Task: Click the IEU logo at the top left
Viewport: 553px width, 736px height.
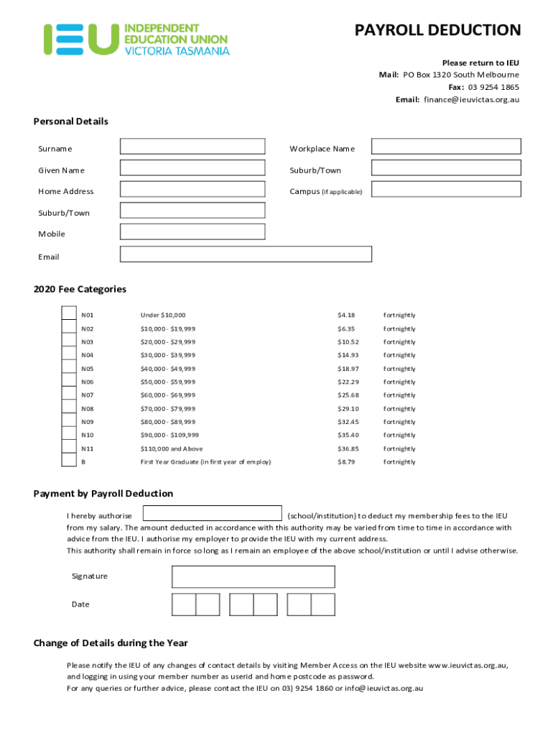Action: coord(136,39)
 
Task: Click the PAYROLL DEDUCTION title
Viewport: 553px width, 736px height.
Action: coord(437,30)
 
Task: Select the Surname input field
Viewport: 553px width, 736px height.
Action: coord(192,147)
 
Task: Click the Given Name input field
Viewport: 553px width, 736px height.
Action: coord(192,168)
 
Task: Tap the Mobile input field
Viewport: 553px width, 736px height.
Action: coord(192,231)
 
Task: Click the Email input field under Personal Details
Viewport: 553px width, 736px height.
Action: coord(246,254)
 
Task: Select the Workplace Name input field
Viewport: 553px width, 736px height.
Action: coord(446,147)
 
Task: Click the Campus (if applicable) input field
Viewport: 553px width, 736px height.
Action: coord(446,189)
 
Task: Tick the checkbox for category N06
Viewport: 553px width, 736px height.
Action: coord(69,380)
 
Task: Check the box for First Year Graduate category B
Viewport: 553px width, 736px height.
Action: coord(69,460)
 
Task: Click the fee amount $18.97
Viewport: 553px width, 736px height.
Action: coord(348,369)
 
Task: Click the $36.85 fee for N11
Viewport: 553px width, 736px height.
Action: coord(348,448)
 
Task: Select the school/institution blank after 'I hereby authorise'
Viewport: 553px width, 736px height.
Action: coord(213,513)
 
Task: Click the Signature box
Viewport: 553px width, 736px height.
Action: coord(253,576)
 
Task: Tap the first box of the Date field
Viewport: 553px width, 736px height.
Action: coord(184,604)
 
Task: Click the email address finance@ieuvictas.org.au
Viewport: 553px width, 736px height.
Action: coord(471,100)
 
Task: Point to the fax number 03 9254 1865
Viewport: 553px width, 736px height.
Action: coord(493,87)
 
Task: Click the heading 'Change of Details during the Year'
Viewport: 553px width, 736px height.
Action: coord(111,643)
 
